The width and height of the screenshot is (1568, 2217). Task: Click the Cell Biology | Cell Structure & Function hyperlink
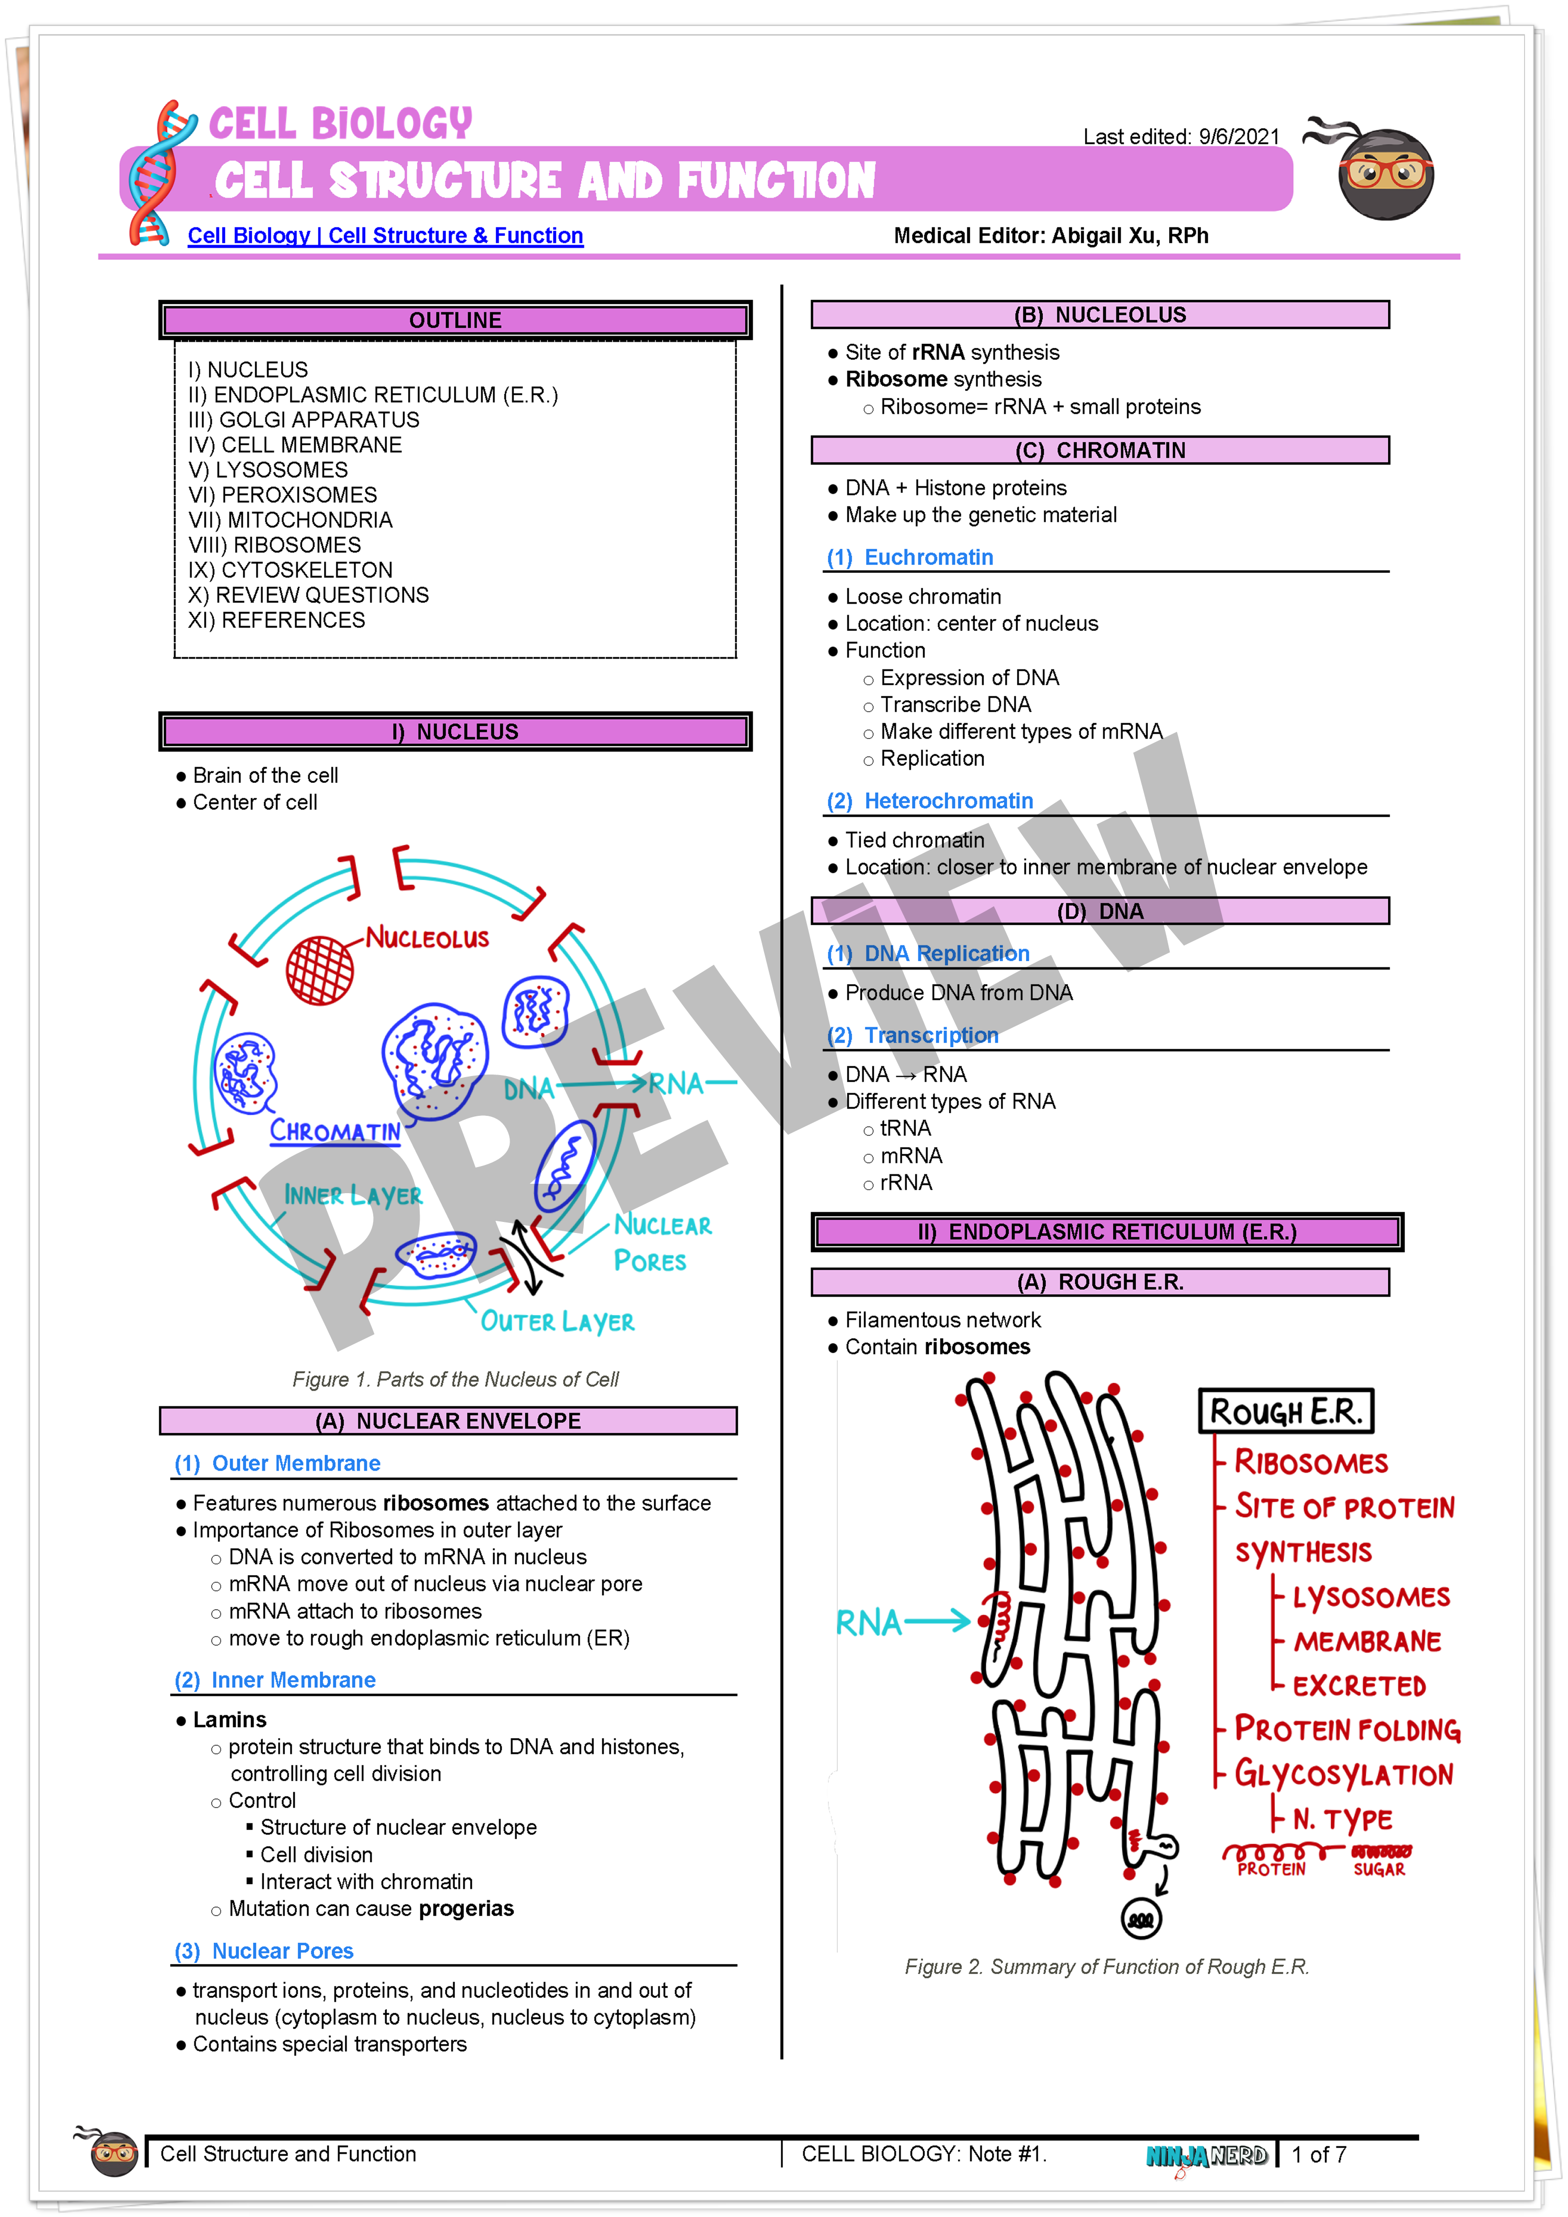(x=385, y=236)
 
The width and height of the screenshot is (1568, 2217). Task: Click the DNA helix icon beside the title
(x=155, y=174)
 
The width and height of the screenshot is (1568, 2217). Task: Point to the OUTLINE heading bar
(x=455, y=320)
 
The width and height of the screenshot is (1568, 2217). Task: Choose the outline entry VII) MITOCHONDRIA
(x=291, y=521)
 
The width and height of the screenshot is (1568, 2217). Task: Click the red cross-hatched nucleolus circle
(x=319, y=971)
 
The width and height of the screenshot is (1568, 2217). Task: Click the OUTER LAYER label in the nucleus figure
(x=557, y=1322)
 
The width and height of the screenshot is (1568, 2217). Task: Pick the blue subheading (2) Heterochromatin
(x=930, y=801)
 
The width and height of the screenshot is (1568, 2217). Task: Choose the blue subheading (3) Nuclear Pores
(x=263, y=1952)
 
